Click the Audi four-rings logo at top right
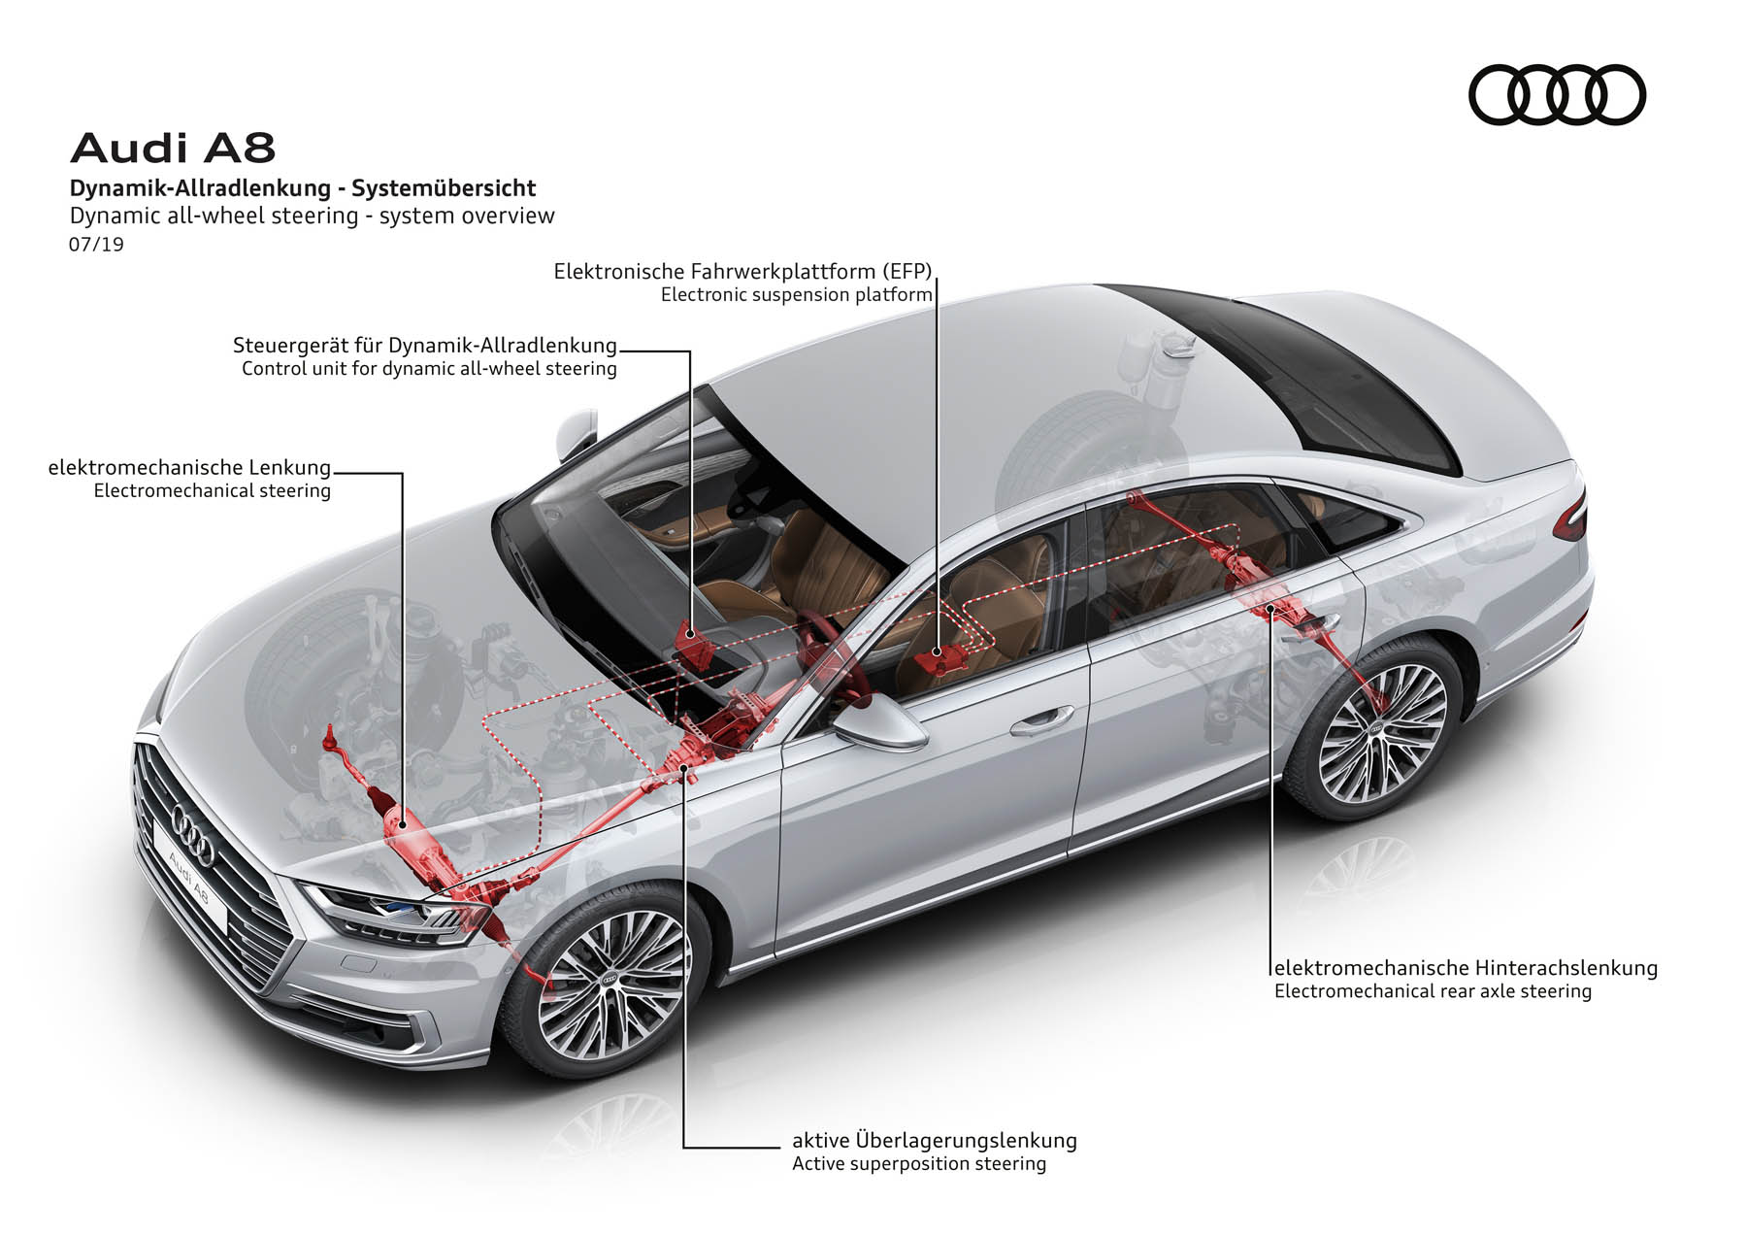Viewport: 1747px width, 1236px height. point(1557,94)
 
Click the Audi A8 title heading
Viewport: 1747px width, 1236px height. point(173,149)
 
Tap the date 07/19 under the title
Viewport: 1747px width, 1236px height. point(96,244)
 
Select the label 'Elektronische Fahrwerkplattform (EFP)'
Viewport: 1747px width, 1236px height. point(742,271)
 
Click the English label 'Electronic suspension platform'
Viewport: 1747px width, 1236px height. point(797,294)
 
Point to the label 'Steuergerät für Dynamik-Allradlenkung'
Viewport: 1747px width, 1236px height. point(425,345)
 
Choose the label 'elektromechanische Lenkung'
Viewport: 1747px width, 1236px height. point(189,468)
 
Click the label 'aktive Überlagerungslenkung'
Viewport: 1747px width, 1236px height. point(935,1140)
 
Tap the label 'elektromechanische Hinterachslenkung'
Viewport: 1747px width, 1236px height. point(1466,967)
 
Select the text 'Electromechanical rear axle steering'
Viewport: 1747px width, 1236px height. point(1433,991)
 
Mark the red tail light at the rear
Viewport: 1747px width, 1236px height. point(1570,516)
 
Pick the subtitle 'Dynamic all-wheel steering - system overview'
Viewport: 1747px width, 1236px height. point(312,216)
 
